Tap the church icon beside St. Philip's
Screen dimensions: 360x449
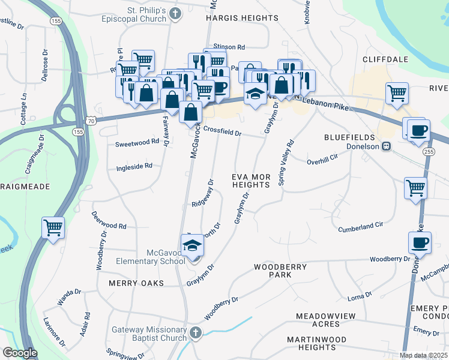[x=175, y=13]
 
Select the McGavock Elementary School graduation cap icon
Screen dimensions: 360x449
[x=193, y=247]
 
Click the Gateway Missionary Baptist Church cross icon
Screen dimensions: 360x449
[x=196, y=332]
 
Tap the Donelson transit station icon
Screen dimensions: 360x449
[x=387, y=146]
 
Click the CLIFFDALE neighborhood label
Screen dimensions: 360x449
[x=385, y=59]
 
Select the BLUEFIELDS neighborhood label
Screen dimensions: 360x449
[x=354, y=137]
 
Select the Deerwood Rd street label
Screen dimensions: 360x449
[x=110, y=227]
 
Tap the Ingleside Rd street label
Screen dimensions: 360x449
[x=134, y=166]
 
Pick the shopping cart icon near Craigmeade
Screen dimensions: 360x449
[x=53, y=229]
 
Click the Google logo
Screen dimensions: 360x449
[x=20, y=353]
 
